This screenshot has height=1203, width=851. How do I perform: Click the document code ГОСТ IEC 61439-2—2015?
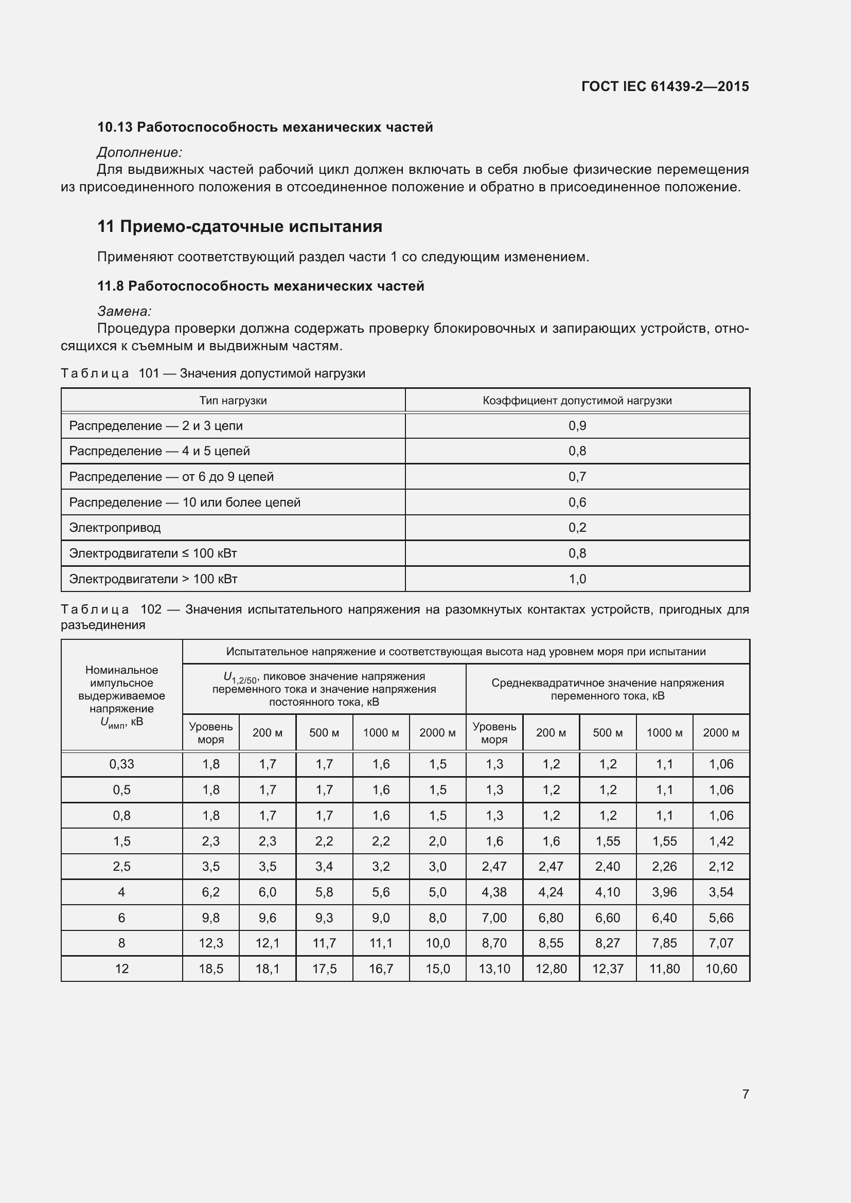pos(665,86)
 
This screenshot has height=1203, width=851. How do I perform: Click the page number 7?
pos(745,1093)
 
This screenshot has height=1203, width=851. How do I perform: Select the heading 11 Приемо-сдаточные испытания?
pos(239,226)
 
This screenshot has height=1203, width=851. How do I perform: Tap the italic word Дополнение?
pos(139,152)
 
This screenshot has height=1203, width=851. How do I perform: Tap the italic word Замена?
pos(124,311)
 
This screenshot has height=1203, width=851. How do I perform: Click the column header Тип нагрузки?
pos(233,401)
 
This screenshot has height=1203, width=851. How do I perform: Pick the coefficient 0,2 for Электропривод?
pos(577,528)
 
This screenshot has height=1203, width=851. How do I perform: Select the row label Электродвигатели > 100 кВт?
pos(153,579)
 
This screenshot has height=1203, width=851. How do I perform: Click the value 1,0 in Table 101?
pos(577,579)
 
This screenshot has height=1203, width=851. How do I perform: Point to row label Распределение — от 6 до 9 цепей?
pos(171,477)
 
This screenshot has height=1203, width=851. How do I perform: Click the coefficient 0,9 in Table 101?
pos(577,426)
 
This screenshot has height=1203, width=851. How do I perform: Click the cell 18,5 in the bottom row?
pos(210,969)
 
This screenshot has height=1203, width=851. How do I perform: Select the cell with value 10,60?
pos(721,969)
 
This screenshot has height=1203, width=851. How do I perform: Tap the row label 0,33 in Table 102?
pos(121,764)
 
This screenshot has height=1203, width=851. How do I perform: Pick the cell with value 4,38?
pos(494,892)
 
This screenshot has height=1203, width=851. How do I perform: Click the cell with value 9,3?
pos(324,918)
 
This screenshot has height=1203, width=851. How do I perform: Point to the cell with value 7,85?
pos(664,943)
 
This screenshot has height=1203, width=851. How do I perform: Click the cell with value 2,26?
pos(664,867)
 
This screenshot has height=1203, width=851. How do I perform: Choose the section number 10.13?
pos(115,128)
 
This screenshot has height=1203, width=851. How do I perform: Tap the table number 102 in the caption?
pos(151,609)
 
